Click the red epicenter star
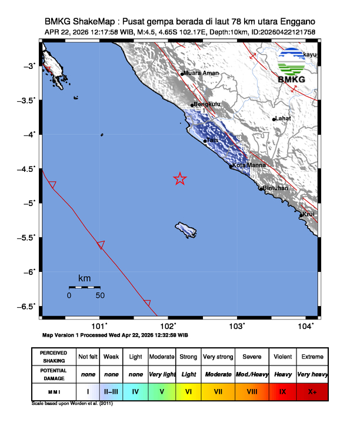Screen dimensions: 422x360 (x=180, y=179)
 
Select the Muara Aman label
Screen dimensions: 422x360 (x=202, y=73)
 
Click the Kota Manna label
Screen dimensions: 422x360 (x=246, y=165)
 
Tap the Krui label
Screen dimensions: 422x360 (x=310, y=214)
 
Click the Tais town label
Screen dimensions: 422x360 (x=212, y=140)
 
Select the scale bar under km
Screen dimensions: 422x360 (x=84, y=287)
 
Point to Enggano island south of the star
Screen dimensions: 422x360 (x=186, y=229)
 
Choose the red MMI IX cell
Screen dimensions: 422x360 (x=282, y=391)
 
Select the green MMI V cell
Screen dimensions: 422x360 (x=161, y=391)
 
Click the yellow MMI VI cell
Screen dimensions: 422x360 (x=189, y=391)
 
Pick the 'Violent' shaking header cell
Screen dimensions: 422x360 (x=282, y=357)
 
